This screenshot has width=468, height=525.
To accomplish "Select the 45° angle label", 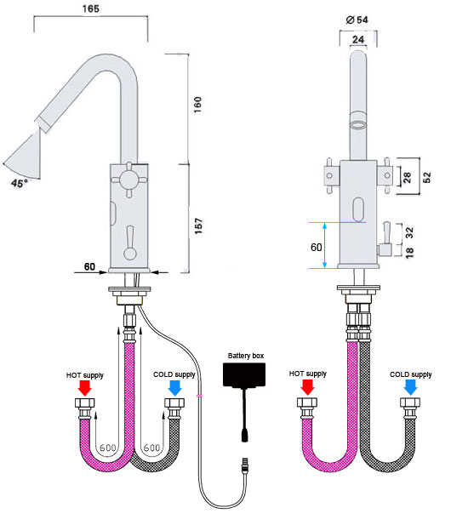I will click(x=18, y=182).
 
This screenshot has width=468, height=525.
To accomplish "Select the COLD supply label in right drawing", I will click(x=411, y=373).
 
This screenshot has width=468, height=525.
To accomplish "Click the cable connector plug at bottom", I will click(x=243, y=467).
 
